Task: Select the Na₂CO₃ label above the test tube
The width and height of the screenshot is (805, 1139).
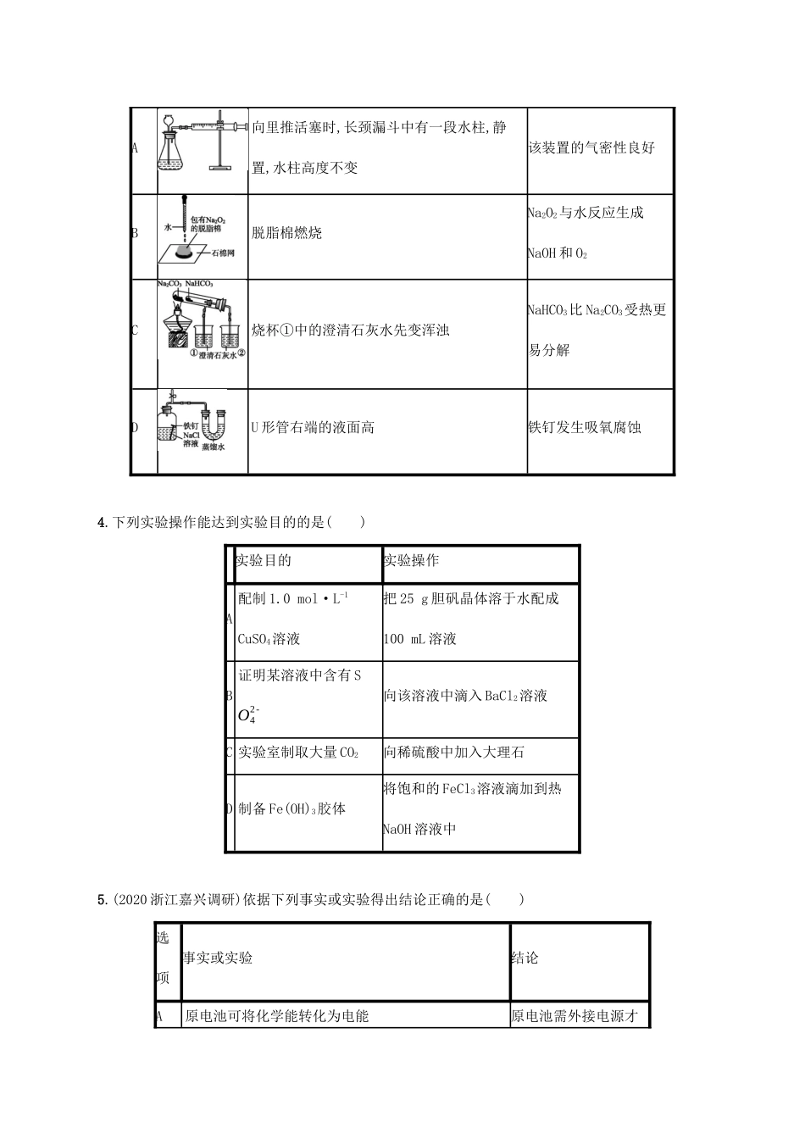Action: [169, 285]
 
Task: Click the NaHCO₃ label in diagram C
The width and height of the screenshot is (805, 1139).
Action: [200, 285]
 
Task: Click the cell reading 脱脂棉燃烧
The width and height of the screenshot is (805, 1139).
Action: [287, 233]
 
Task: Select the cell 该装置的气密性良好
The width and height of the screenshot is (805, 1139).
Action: [591, 148]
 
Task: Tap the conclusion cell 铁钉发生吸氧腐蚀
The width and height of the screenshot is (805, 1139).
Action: [585, 427]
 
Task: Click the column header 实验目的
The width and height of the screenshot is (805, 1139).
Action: [264, 561]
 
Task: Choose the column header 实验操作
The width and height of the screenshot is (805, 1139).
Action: [411, 561]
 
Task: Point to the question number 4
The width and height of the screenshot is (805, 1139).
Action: [103, 522]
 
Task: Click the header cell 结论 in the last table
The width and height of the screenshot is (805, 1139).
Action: [525, 958]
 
